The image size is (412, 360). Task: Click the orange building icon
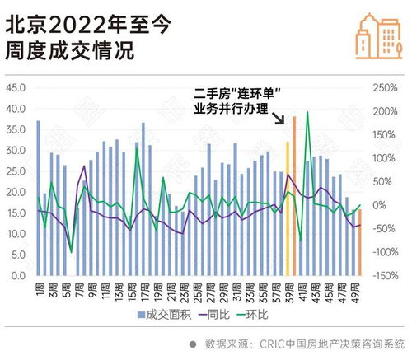pyautogui.click(x=372, y=36)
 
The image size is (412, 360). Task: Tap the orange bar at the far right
pyautogui.click(x=359, y=243)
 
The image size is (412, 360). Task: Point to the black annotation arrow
pyautogui.click(x=280, y=120)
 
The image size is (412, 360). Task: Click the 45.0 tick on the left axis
pyautogui.click(x=16, y=87)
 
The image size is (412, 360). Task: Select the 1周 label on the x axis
pyautogui.click(x=39, y=290)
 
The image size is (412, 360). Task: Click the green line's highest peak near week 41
pyautogui.click(x=307, y=112)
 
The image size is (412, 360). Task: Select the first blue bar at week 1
pyautogui.click(x=38, y=199)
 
